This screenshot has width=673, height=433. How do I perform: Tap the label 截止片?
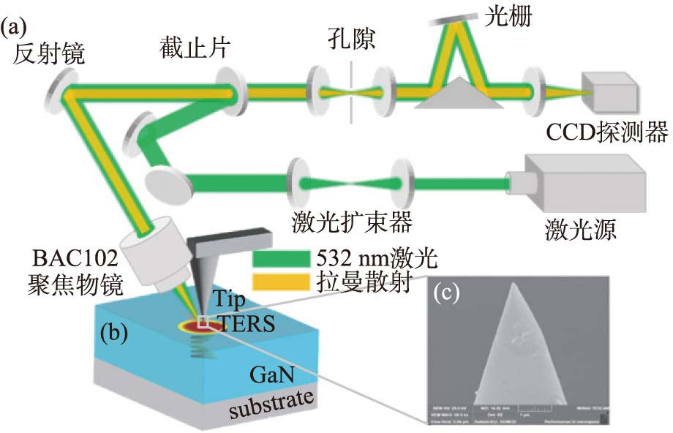[x=195, y=50]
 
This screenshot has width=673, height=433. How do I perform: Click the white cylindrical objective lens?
[x=154, y=256]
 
